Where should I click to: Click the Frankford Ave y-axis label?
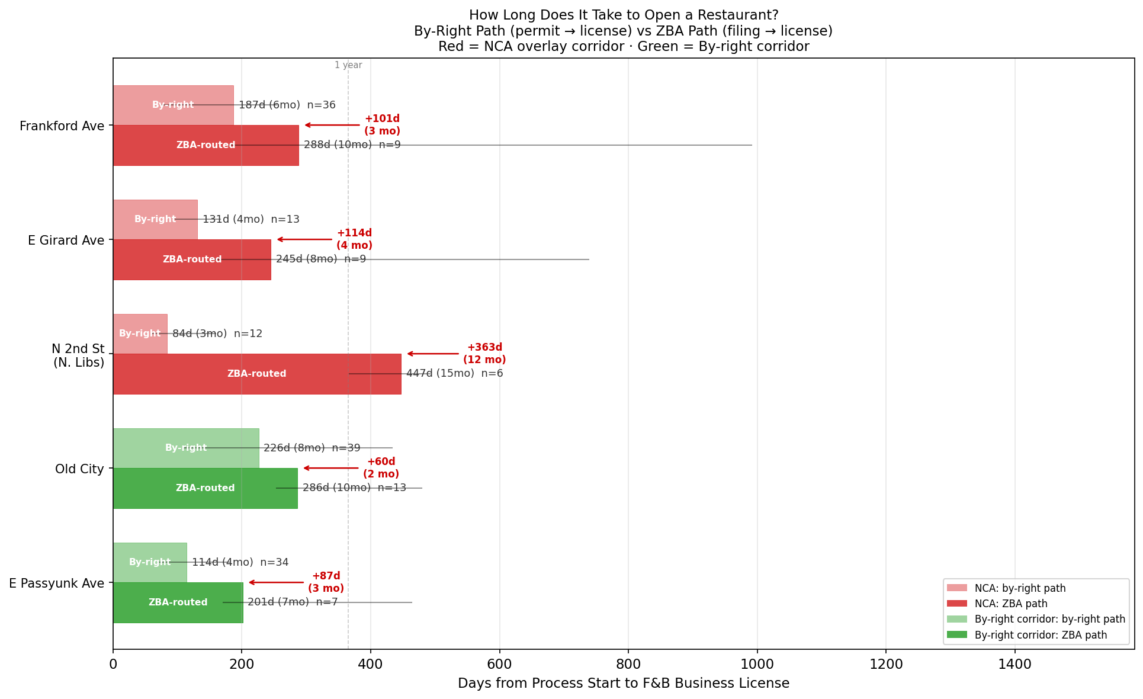62,126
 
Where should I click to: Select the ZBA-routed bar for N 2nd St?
257,374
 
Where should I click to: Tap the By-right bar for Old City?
186,448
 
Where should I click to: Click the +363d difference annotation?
484,354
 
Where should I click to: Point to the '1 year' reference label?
348,65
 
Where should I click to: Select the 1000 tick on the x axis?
757,665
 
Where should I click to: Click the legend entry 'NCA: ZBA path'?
1010,604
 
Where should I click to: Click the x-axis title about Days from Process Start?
624,684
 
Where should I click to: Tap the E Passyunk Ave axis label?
57,583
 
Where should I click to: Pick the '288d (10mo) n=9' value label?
352,145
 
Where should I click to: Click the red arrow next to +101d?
332,125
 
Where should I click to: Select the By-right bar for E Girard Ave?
155,219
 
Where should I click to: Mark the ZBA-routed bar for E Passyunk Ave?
178,602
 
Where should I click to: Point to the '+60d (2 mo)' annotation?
381,468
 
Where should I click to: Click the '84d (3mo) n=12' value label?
217,334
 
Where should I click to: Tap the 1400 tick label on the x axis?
1015,665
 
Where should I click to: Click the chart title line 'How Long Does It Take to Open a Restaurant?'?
624,15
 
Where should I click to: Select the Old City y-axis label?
79,469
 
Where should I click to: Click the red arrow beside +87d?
277,582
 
